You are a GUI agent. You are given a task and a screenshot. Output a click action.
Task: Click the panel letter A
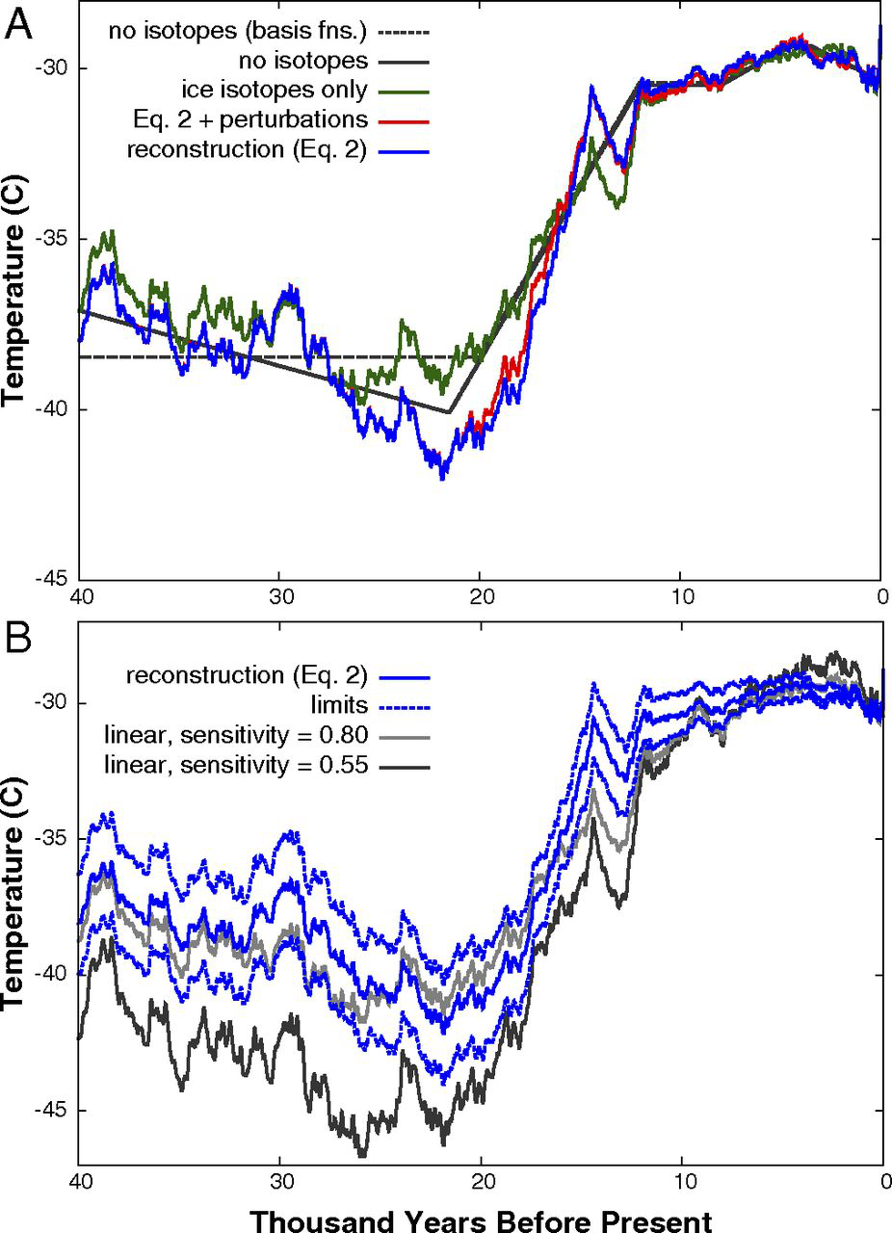(x=20, y=24)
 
